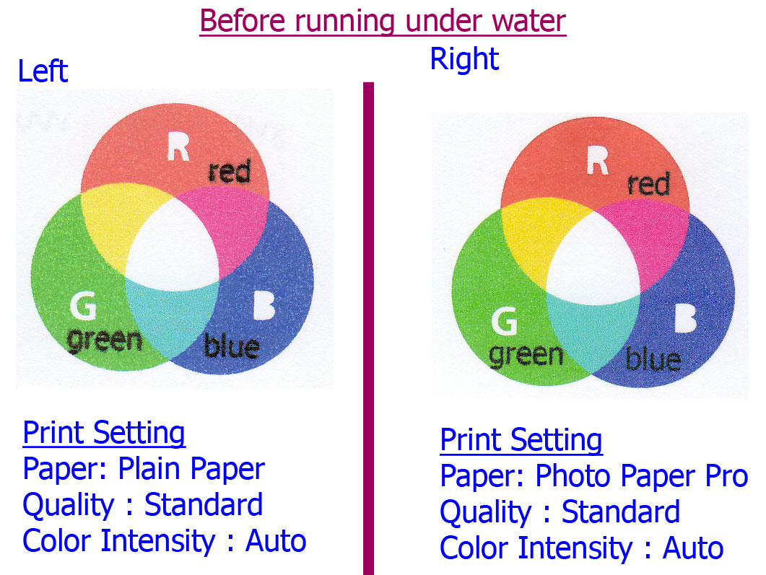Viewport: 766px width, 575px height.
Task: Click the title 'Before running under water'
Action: point(383,21)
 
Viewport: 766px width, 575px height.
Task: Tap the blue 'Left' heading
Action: point(43,71)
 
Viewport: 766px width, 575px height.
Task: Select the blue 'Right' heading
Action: point(464,60)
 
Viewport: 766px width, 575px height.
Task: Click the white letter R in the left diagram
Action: point(178,146)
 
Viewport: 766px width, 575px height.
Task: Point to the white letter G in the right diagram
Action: point(504,321)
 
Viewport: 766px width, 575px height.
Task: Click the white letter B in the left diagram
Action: point(264,306)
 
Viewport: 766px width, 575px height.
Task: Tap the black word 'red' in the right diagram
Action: point(648,184)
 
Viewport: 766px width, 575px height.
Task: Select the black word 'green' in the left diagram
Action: point(105,341)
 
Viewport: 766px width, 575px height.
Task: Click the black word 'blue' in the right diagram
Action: point(653,359)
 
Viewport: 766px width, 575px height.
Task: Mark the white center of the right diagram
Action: point(593,259)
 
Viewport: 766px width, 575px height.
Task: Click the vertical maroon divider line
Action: point(368,328)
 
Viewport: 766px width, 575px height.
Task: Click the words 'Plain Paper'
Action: point(191,469)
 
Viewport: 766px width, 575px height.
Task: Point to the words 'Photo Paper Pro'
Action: point(641,475)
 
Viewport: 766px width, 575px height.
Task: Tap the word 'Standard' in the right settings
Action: point(620,512)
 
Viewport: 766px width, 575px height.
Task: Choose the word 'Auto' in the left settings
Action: point(276,540)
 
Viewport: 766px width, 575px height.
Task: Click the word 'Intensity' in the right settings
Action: point(575,548)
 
